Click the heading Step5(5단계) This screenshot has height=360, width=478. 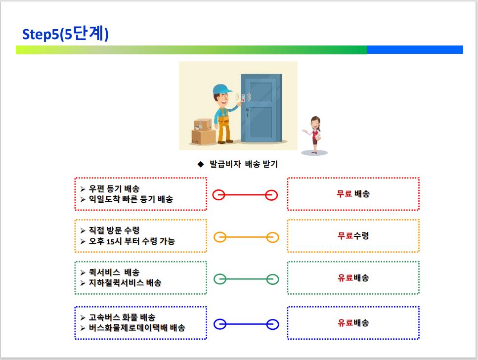tap(65, 34)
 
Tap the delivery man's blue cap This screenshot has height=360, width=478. tap(222, 89)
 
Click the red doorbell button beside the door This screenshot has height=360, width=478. tap(243, 97)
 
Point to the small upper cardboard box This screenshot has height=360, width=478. tap(203, 125)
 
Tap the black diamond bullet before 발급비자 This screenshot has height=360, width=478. tap(201, 165)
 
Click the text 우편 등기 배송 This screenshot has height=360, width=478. tap(114, 189)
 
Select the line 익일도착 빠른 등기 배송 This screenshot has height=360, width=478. tap(131, 199)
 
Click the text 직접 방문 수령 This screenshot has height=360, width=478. tap(114, 230)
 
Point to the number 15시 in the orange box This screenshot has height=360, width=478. tap(114, 241)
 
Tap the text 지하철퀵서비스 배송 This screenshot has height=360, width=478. tap(125, 283)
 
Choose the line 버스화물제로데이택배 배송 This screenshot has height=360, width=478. tap(137, 328)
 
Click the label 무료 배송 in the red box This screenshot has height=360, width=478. tap(353, 194)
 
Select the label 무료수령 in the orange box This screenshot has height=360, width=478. tap(353, 235)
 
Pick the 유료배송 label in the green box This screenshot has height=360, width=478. tap(353, 277)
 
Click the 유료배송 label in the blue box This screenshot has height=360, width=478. tap(353, 323)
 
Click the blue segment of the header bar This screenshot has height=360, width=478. tap(415, 50)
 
